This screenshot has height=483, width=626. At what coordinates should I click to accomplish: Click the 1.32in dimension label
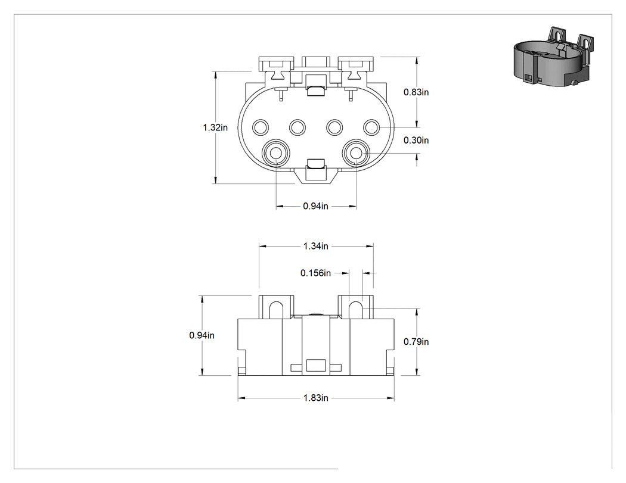pos(215,127)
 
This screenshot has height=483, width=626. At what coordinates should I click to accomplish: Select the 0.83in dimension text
pos(416,92)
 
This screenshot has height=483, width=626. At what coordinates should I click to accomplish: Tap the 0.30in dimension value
pos(416,141)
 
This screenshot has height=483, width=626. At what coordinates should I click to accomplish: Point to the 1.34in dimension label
pos(316,246)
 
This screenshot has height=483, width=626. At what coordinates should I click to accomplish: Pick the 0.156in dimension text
pos(316,273)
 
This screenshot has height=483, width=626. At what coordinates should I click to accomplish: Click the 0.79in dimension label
pos(416,342)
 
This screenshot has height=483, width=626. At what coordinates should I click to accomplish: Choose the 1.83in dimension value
pos(316,398)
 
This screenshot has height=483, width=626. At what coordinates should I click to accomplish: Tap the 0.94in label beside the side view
pos(202,335)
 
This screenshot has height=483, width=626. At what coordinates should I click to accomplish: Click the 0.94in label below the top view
pos(315,206)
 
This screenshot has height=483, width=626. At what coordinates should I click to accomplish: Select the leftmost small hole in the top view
pos(261,127)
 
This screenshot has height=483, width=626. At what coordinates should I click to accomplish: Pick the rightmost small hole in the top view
pos(371,127)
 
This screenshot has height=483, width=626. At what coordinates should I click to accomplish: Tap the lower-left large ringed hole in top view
pos(276,153)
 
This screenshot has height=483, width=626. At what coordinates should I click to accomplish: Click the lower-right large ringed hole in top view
pos(356,153)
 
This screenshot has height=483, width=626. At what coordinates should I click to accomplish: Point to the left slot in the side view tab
pos(276,310)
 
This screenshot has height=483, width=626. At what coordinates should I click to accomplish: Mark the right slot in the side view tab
pos(356,310)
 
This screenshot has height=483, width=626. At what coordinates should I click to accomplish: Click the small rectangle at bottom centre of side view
pos(316,366)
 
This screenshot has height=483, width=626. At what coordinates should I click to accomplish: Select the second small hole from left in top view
pos(297,127)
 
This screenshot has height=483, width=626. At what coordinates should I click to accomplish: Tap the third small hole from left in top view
pos(334,127)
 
